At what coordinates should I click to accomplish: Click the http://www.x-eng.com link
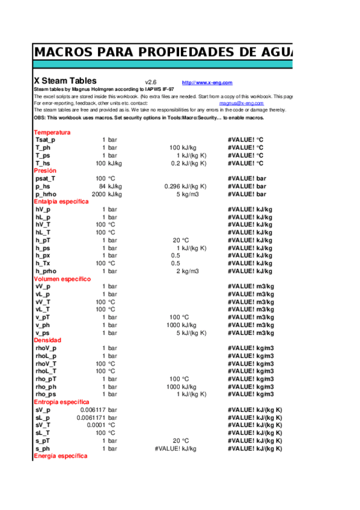pos(207,83)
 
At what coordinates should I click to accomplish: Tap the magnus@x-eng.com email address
pos(241,103)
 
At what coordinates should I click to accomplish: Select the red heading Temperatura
pos(52,132)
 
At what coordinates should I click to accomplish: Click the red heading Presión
pos(45,171)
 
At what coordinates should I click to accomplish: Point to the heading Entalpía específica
pos(61,202)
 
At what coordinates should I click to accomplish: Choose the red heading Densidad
pos(47,340)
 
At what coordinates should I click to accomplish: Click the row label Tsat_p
pos(46,140)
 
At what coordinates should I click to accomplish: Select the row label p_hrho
pos(46,194)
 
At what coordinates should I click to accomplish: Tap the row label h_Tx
pos(43,263)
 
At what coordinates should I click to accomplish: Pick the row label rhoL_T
pos(46,371)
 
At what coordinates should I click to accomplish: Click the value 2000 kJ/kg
pos(106,194)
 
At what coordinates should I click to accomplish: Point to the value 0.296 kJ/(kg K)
pos(186,186)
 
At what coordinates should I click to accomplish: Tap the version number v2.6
pos(151,82)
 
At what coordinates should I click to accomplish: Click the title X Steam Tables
pos(65,81)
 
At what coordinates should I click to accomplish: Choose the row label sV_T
pos(43,425)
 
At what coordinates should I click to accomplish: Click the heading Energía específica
pos(60,456)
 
